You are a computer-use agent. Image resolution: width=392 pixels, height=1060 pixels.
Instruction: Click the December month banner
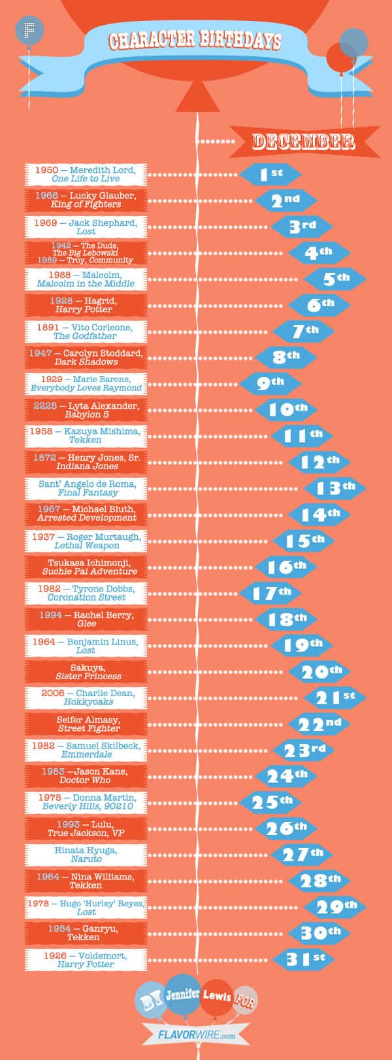pyautogui.click(x=303, y=141)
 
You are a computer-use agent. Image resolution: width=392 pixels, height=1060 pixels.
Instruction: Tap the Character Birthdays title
pyautogui.click(x=195, y=41)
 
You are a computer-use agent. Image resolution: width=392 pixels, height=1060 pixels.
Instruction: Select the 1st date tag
pyautogui.click(x=270, y=174)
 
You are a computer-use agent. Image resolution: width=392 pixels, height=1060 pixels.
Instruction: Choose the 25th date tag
pyautogui.click(x=270, y=802)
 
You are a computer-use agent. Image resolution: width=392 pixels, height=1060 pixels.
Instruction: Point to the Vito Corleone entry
pyautogui.click(x=86, y=331)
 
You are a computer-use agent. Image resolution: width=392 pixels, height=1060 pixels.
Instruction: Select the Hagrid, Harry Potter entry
pyautogui.click(x=86, y=305)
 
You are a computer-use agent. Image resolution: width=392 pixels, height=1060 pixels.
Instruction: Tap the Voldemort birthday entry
pyautogui.click(x=86, y=959)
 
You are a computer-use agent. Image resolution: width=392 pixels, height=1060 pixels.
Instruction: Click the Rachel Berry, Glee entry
pyautogui.click(x=86, y=619)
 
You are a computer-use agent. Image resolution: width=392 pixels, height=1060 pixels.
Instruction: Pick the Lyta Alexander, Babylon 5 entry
pyautogui.click(x=86, y=410)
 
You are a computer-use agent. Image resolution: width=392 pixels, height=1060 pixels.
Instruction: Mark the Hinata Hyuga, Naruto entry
pyautogui.click(x=86, y=855)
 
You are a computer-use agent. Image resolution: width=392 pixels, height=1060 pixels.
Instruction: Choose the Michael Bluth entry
pyautogui.click(x=86, y=514)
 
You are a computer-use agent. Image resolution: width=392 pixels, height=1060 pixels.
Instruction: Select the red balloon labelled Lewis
pyautogui.click(x=218, y=997)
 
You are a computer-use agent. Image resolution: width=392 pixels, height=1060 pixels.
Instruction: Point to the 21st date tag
pyautogui.click(x=335, y=698)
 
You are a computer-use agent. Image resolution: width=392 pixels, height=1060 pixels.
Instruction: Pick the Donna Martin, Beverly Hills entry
pyautogui.click(x=86, y=802)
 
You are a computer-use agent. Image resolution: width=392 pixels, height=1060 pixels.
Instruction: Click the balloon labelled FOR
pyautogui.click(x=245, y=1000)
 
